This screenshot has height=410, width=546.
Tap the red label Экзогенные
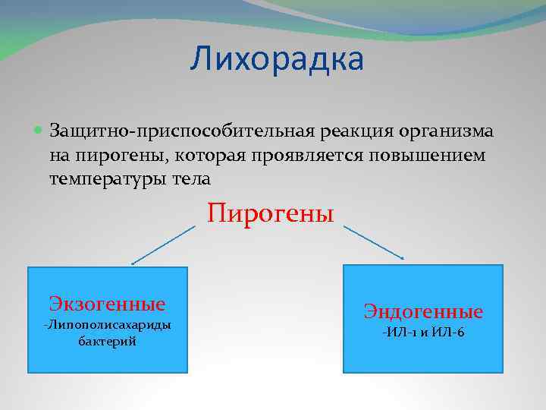107,304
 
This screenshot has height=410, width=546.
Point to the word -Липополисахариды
107,325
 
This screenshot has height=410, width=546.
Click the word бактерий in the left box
107,342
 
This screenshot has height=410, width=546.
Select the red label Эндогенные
423,311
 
